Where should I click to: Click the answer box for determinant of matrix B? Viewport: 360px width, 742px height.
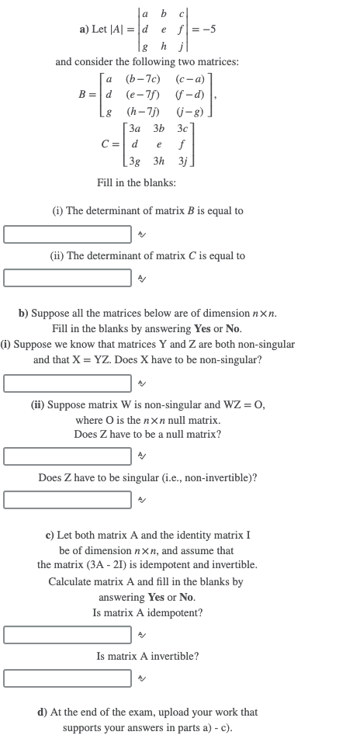pyautogui.click(x=67, y=234)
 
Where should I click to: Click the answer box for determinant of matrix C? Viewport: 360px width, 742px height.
pyautogui.click(x=67, y=277)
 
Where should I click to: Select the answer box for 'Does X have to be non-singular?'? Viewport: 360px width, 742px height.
pyautogui.click(x=67, y=383)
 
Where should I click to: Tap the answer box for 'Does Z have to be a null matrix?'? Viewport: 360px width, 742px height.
pyautogui.click(x=67, y=456)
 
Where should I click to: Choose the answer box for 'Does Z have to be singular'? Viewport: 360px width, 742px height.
pyautogui.click(x=67, y=499)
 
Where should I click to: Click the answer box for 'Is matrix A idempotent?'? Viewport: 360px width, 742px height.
pyautogui.click(x=67, y=634)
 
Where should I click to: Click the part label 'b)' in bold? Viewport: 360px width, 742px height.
pyautogui.click(x=24, y=314)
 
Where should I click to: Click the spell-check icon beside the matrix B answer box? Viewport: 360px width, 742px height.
pyautogui.click(x=141, y=234)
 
